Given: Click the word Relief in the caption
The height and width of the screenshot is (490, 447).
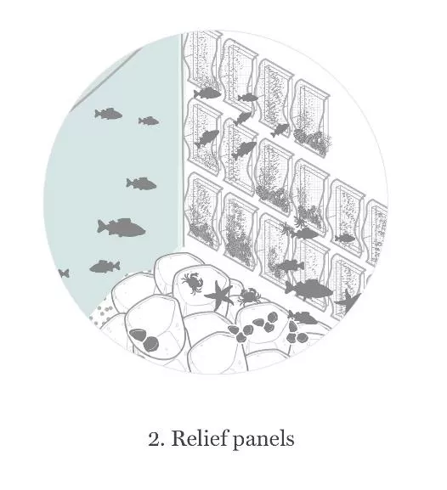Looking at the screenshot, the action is [x=201, y=438].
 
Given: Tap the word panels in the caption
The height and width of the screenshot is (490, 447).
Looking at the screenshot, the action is [x=263, y=440].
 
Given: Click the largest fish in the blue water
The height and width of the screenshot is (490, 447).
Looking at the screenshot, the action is [x=121, y=228].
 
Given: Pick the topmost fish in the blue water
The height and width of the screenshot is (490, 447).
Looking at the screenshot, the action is [x=108, y=114].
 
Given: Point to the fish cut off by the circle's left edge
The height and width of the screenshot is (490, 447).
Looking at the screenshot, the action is [x=64, y=273].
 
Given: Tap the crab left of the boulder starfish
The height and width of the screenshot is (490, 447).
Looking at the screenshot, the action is [x=192, y=283].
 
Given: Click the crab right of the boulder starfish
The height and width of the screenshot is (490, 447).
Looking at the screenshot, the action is [x=249, y=296].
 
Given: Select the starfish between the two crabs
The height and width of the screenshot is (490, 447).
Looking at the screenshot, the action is [x=219, y=295].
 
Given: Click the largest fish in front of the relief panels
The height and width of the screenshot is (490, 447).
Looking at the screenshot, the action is [x=308, y=290].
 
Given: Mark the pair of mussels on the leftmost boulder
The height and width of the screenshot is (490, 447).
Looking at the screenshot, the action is [x=144, y=339].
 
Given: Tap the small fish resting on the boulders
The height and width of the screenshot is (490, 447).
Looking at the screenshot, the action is [x=303, y=318].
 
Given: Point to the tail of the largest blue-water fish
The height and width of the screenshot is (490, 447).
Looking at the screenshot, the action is [x=101, y=226].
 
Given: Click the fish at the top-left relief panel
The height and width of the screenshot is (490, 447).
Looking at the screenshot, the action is [x=207, y=93].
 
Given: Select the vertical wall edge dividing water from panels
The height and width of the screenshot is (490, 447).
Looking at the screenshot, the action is [x=181, y=141].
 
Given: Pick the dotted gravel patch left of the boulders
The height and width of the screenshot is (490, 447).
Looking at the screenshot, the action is [x=102, y=313].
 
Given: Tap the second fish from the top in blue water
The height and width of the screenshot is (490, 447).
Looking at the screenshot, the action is [x=148, y=121].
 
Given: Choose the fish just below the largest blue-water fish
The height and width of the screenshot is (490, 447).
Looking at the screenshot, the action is [x=105, y=267].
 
